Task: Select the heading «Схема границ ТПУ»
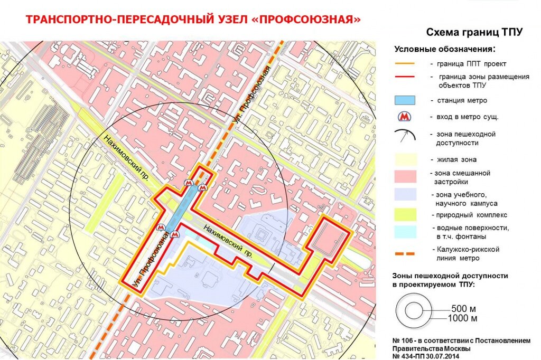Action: [474, 32]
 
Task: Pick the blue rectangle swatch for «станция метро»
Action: [405, 100]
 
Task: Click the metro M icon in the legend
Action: [405, 116]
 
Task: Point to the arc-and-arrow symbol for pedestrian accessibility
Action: [405, 135]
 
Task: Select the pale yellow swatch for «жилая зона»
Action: [405, 159]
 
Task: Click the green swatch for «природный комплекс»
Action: [405, 215]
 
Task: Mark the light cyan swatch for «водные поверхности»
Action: [405, 231]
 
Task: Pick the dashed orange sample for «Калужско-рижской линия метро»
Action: [405, 254]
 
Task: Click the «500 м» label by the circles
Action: [463, 308]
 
